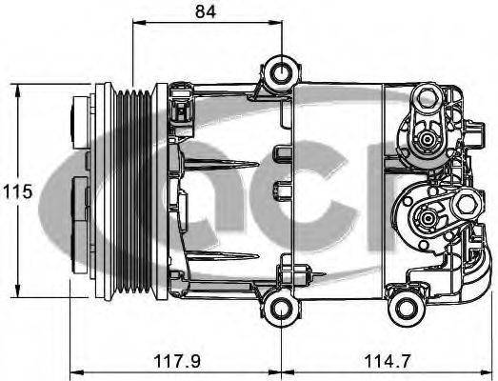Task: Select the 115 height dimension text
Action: click(17, 191)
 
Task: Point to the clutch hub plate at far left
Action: click(78, 190)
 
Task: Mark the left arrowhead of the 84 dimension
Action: click(136, 30)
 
